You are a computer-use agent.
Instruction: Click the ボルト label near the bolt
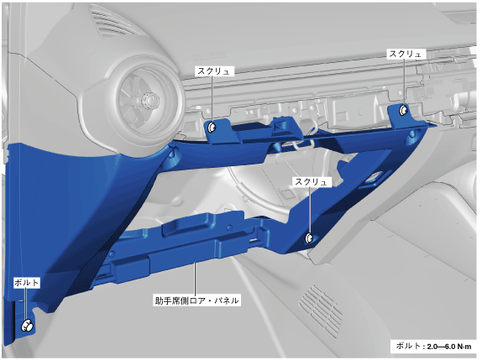click(x=27, y=283)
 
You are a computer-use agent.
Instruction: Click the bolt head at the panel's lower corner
click(x=28, y=326)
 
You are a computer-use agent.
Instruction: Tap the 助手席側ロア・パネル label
click(x=196, y=300)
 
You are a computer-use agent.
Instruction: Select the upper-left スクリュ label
click(x=214, y=71)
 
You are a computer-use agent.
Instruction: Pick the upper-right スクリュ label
click(x=405, y=54)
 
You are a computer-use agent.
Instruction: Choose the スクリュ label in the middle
click(x=312, y=182)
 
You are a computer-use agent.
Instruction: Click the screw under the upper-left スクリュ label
click(x=212, y=128)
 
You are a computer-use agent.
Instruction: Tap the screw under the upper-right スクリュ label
click(x=403, y=111)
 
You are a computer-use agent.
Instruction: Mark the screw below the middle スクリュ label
click(x=310, y=237)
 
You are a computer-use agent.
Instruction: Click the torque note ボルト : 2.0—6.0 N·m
click(x=433, y=347)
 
